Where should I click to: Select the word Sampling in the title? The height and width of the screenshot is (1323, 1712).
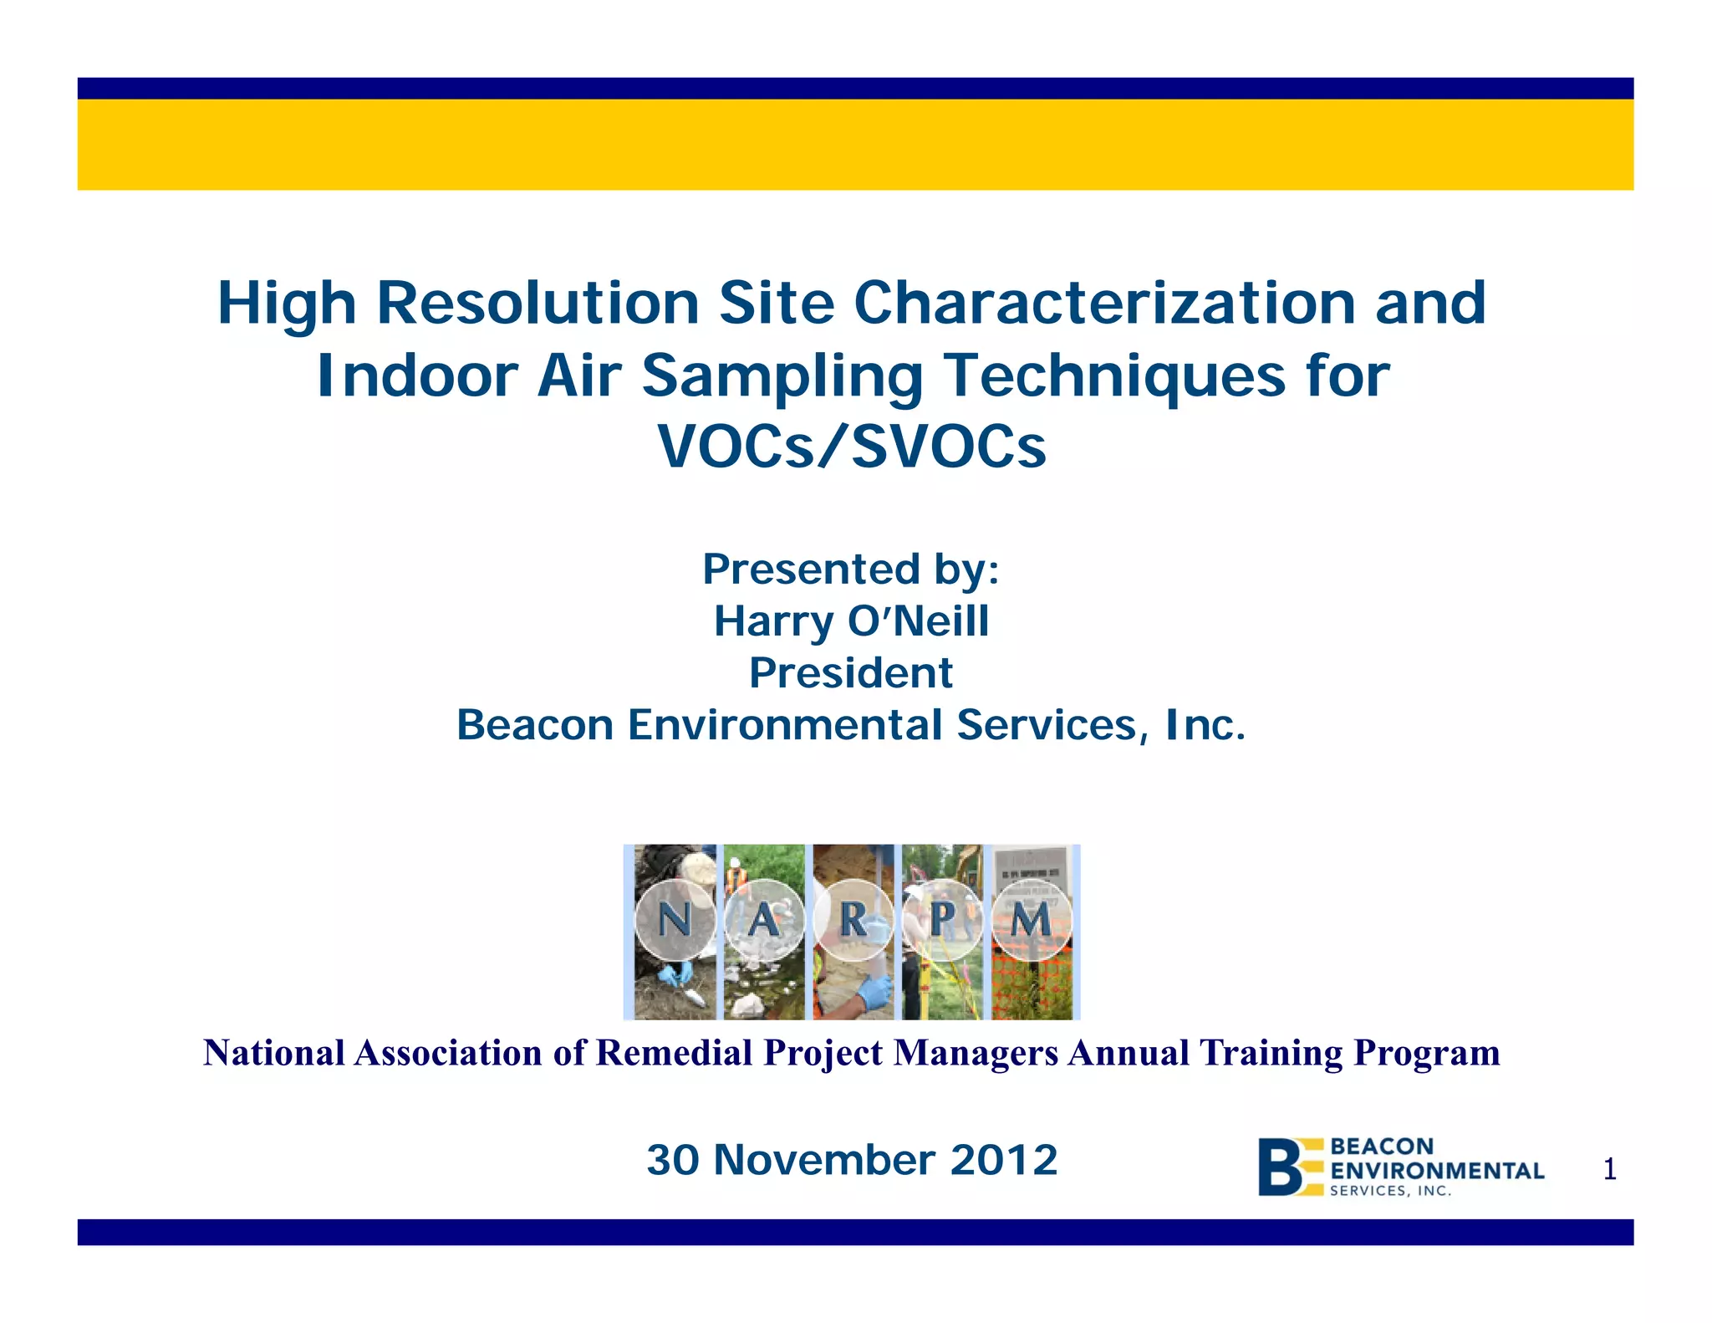[x=782, y=376]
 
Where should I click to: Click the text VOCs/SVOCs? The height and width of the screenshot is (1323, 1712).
[x=852, y=447]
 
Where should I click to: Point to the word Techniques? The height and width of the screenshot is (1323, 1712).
[x=1114, y=376]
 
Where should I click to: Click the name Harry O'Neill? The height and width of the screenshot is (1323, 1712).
[x=851, y=621]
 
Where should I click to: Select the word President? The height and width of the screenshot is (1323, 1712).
[x=851, y=673]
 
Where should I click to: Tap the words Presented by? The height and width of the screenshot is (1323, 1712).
[x=851, y=570]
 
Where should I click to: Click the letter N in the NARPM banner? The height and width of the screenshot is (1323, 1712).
[x=675, y=920]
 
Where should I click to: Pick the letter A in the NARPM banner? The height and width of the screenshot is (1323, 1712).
[x=762, y=921]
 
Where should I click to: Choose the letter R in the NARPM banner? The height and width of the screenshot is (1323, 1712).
[x=853, y=920]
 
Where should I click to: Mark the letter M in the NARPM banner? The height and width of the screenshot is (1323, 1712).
[x=1031, y=921]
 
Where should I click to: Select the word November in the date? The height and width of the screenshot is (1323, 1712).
[x=823, y=1161]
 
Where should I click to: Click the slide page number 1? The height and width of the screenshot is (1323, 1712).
[x=1609, y=1170]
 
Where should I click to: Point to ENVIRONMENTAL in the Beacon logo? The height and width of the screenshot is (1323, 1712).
[x=1436, y=1171]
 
